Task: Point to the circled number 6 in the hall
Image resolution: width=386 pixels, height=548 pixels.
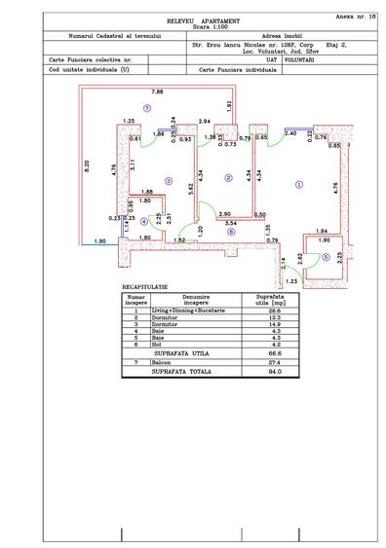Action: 231,232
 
